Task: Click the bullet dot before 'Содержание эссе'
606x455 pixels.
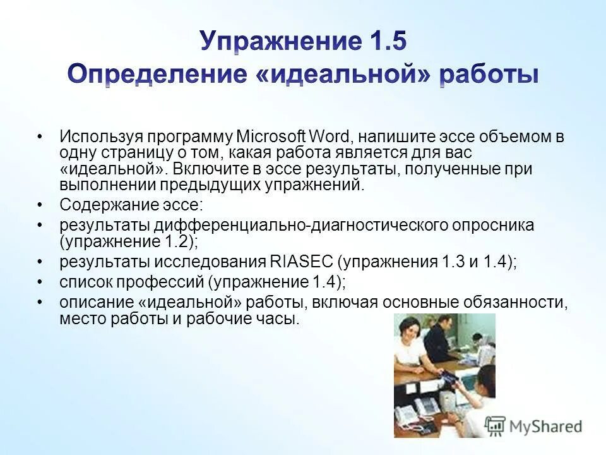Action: pos(40,205)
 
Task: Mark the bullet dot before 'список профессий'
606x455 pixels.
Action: pos(40,282)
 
